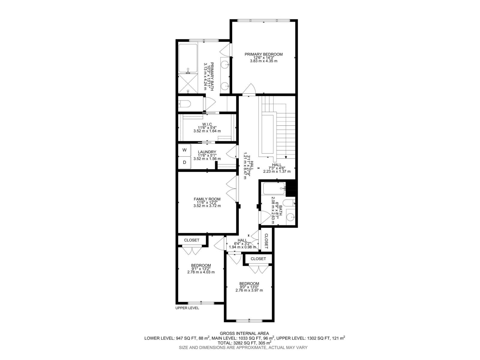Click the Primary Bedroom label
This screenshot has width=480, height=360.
[x=263, y=54]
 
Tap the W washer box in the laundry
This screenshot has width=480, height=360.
[x=184, y=150]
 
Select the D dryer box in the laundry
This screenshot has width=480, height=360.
[x=184, y=162]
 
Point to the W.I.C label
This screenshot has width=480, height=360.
[x=207, y=124]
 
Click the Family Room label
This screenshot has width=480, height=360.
[x=207, y=199]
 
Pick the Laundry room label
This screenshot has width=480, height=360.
[x=207, y=152]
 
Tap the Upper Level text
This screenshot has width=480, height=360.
[x=187, y=308]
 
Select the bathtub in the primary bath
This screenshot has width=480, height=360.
[x=188, y=58]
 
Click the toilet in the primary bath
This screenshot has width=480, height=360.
[x=184, y=104]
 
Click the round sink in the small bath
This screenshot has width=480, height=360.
[x=290, y=217]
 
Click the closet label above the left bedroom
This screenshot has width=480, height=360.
[x=192, y=240]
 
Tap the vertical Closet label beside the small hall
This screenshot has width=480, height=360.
[x=266, y=239]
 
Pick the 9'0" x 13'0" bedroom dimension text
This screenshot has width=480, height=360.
[x=249, y=287]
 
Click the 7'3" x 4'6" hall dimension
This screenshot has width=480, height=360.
[x=277, y=168]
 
